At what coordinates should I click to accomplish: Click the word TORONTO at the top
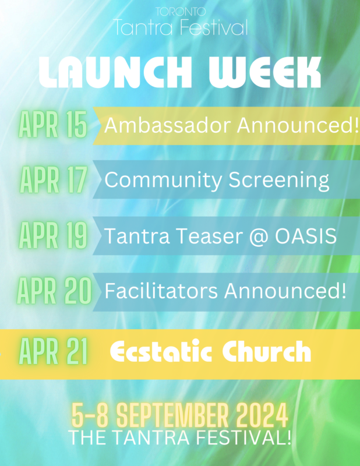pyautogui.click(x=181, y=12)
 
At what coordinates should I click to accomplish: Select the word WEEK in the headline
pyautogui.click(x=265, y=72)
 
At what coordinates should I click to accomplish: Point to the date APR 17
pyautogui.click(x=54, y=180)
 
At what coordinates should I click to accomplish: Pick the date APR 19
pyautogui.click(x=53, y=235)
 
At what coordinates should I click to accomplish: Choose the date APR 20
pyautogui.click(x=54, y=290)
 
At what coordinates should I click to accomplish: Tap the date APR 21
pyautogui.click(x=53, y=352)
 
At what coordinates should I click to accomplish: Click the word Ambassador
pyautogui.click(x=168, y=125)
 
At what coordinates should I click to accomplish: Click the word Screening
pyautogui.click(x=279, y=180)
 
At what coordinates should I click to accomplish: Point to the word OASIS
pyautogui.click(x=306, y=236)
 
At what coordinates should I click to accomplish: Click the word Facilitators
pyautogui.click(x=161, y=291)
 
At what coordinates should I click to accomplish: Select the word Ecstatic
pyautogui.click(x=161, y=351)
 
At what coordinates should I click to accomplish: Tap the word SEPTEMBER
pyautogui.click(x=172, y=415)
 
